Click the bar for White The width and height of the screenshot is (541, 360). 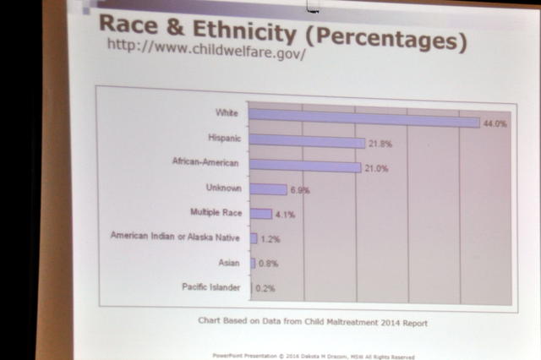tap(364, 117)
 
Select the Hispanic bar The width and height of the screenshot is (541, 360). tap(307, 142)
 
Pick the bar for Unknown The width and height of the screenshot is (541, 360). tap(268, 189)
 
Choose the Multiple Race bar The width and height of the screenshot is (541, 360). tap(260, 214)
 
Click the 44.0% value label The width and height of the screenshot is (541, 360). tap(495, 123)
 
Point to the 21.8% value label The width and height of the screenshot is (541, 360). tap(380, 145)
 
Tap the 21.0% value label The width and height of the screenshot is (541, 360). tap(376, 168)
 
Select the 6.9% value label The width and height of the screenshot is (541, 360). tap(299, 191)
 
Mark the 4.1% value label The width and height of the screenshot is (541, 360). tap(284, 215)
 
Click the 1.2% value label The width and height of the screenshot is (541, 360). tap(270, 239)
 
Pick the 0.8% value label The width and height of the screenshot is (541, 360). tap(267, 264)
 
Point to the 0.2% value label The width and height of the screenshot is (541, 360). tap(266, 288)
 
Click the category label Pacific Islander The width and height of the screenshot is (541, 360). tap(211, 287)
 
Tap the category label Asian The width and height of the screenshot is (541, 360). tap(228, 263)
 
